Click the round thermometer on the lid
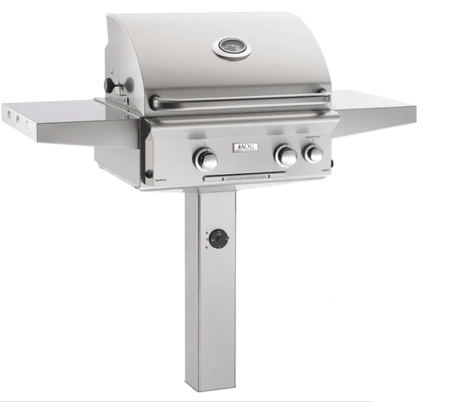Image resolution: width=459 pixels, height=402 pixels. click(231, 47)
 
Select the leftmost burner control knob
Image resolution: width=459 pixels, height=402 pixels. click(205, 160)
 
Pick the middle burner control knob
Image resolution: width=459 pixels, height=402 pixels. click(286, 156)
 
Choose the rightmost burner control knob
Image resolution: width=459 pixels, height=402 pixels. click(313, 153)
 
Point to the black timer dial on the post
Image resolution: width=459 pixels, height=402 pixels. click(217, 239)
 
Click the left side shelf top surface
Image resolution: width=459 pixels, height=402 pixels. click(63, 113)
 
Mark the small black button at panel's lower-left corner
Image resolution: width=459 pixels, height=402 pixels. click(149, 174)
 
